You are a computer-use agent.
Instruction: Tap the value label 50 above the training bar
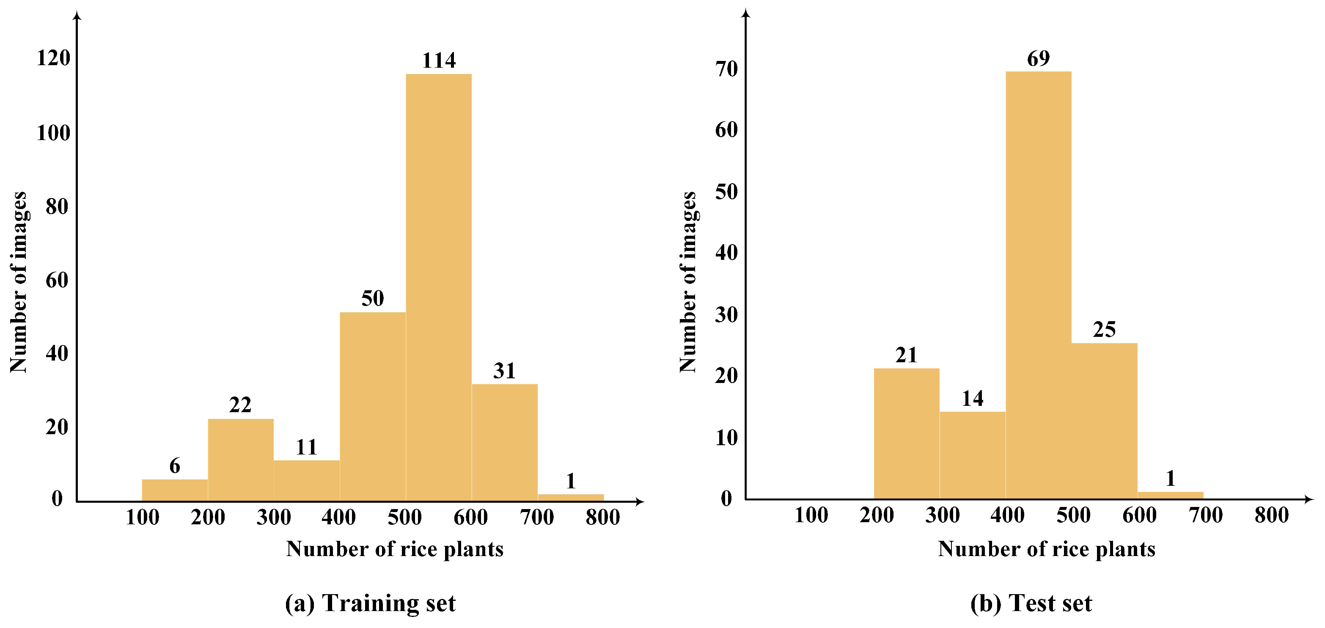pos(372,298)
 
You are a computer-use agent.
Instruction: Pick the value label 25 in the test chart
pos(1104,329)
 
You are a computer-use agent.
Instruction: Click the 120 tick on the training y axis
pos(53,58)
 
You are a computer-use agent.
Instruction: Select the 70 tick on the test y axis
pos(726,69)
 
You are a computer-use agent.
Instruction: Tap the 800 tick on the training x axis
pos(602,517)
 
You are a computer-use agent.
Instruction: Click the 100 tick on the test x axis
pos(811,515)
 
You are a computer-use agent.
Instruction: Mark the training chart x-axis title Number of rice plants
pos(395,549)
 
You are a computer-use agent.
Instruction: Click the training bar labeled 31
pos(504,442)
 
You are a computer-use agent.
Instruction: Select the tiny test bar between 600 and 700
pos(1170,495)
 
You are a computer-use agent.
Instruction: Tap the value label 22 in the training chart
pos(240,405)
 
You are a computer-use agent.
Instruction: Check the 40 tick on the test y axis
pos(726,253)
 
